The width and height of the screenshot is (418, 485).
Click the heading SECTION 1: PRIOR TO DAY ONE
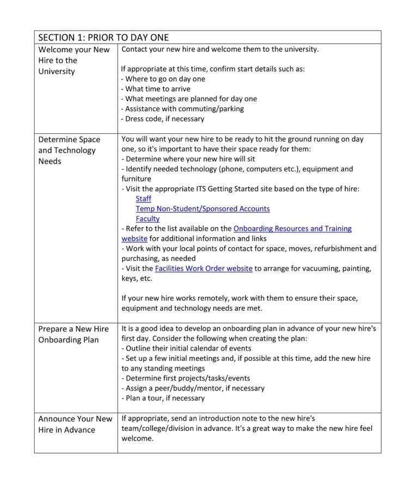103,38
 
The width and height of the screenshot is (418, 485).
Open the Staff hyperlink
144,199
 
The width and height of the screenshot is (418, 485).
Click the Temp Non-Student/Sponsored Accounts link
202,208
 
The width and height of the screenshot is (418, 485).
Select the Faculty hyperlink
147,219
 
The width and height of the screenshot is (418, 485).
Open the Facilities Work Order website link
204,268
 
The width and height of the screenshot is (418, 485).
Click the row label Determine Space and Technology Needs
69,150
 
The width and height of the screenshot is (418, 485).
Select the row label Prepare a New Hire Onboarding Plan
73,334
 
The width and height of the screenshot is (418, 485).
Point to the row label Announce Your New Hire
75,424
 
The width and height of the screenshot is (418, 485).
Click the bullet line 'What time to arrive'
156,89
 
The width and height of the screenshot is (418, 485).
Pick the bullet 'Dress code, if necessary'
163,119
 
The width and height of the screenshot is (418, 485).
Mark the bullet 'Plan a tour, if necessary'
163,398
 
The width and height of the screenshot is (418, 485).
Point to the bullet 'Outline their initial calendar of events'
186,348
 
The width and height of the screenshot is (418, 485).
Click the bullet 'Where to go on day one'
163,79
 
